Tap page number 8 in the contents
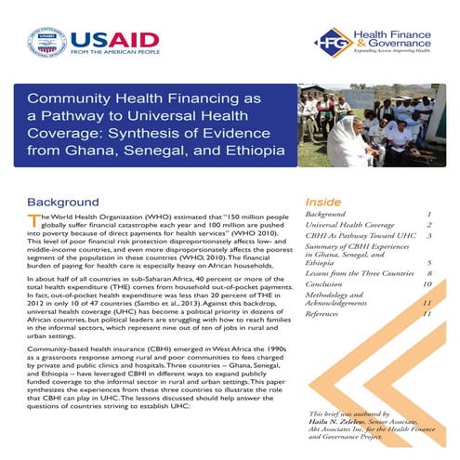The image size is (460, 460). tap(428, 274)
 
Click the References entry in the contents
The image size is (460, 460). tap(327, 314)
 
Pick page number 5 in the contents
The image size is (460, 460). tap(428, 263)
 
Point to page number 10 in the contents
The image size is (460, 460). tap(427, 285)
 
